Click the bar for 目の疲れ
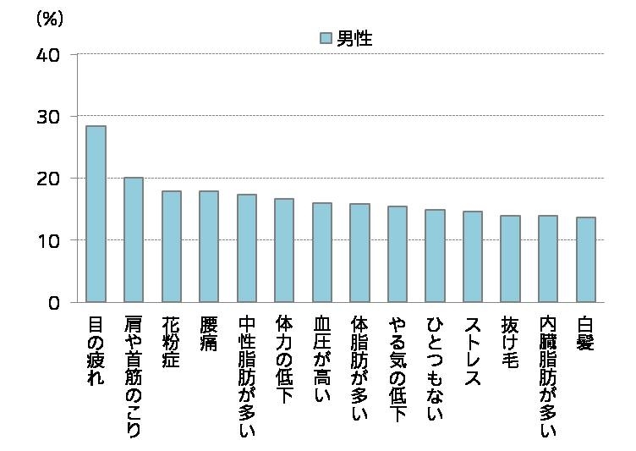96,214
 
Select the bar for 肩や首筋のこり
134,239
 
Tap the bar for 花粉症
171,246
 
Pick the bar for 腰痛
209,246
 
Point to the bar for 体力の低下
284,250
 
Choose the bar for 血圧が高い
321,252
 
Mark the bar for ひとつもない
435,256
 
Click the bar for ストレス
473,256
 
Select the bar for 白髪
585,260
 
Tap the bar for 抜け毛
510,259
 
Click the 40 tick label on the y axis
48,55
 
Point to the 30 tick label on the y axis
48,117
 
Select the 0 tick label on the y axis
53,303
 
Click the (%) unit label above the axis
49,19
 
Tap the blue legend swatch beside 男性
326,38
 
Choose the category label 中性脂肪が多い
246,377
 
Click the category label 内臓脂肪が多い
548,377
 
